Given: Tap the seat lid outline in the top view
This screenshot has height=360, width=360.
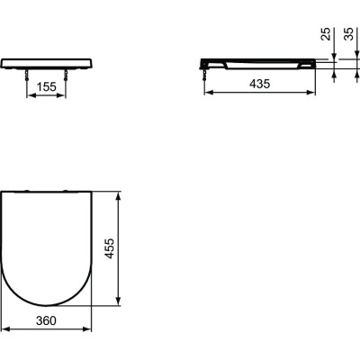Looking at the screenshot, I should pos(49,247).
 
